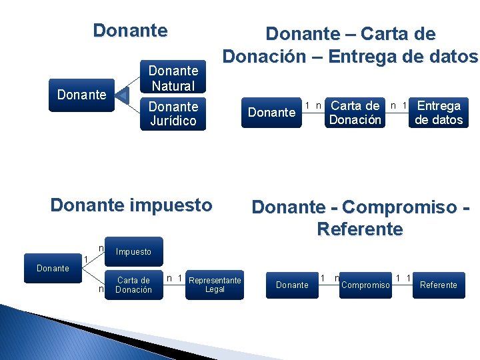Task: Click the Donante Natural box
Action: [173, 77]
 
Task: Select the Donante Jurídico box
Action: [173, 113]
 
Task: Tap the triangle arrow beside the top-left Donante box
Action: [122, 95]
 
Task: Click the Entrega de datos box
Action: [439, 112]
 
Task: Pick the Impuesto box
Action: [133, 252]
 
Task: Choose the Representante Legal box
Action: [215, 284]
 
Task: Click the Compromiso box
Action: [365, 285]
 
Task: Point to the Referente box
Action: [438, 285]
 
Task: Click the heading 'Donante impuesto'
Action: [131, 205]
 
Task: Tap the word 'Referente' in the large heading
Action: [360, 229]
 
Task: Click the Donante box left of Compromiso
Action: [292, 285]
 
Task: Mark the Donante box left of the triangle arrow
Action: [81, 95]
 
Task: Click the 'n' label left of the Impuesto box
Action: [101, 249]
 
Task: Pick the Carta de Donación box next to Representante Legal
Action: [133, 285]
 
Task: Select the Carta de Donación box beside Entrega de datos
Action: [355, 112]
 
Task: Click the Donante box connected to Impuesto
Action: [53, 268]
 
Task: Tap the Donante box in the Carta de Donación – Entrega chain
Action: [271, 112]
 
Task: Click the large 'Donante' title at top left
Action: [130, 31]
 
